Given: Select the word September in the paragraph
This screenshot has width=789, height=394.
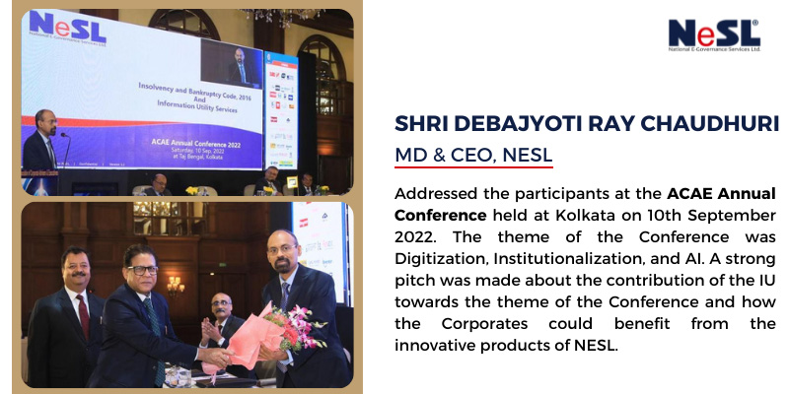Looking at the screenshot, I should [732, 214].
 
